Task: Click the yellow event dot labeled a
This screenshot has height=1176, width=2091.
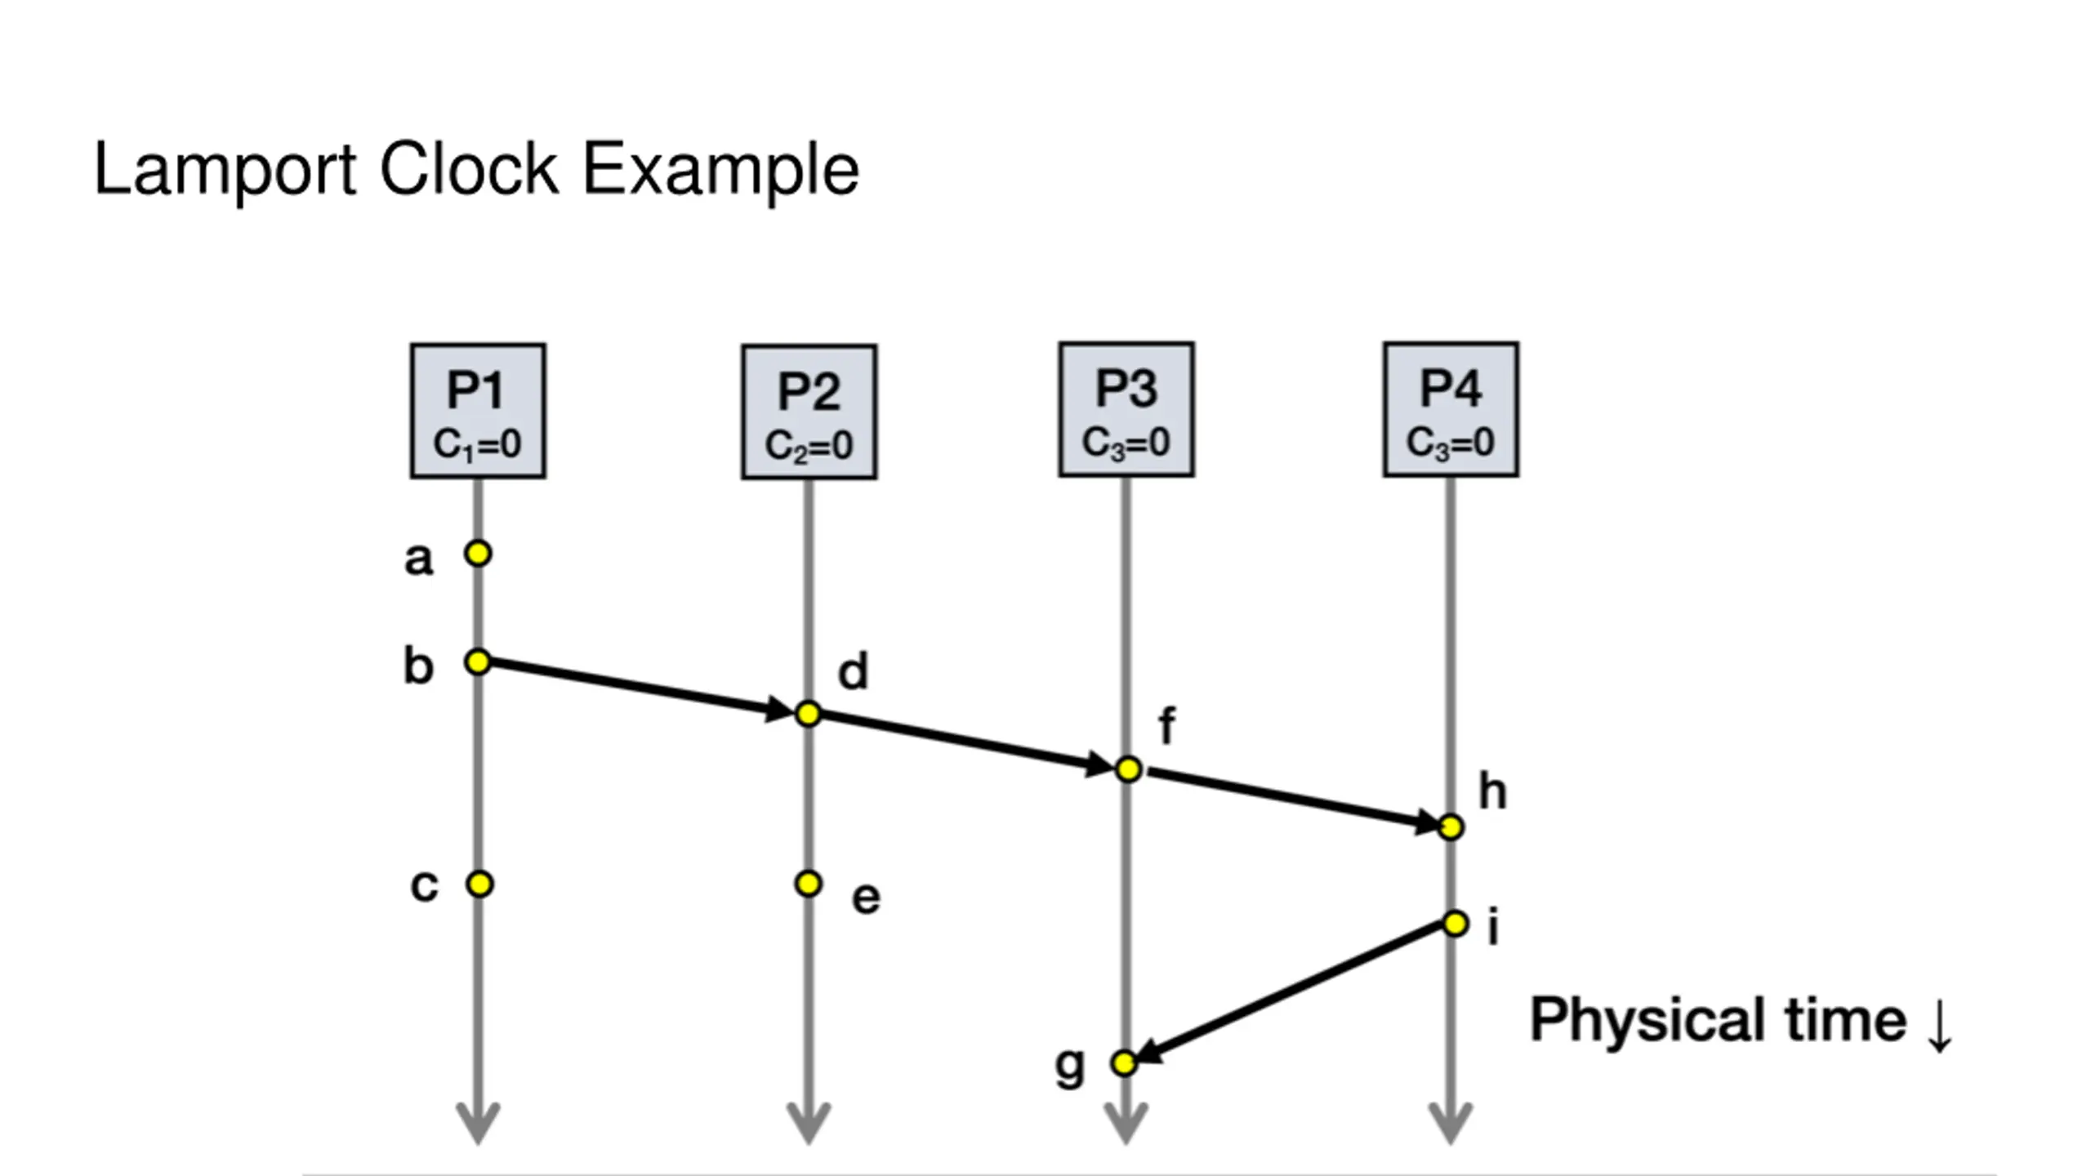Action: coord(478,554)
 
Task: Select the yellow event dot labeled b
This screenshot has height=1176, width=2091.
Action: coord(478,661)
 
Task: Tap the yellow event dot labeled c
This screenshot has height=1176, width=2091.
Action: coord(479,884)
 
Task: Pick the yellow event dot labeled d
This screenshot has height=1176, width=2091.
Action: coord(808,714)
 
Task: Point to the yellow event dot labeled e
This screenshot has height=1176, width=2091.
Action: coord(808,883)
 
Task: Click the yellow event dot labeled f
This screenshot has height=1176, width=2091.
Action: coord(1128,768)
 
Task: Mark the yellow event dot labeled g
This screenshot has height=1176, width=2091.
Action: coord(1124,1062)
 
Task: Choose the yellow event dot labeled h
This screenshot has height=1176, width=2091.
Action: coord(1451,827)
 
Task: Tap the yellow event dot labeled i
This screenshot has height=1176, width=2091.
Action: coord(1455,924)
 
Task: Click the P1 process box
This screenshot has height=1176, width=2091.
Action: coord(478,411)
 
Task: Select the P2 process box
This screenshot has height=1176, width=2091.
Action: coord(809,412)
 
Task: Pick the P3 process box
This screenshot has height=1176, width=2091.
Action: coord(1126,409)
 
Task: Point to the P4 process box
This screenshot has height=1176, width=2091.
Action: coord(1451,409)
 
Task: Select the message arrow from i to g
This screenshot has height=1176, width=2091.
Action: coord(1291,993)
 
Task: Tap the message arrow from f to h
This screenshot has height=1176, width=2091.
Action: coord(1291,798)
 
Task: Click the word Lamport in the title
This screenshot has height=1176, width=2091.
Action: coord(225,171)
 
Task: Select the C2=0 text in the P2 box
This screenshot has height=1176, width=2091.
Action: coord(809,446)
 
